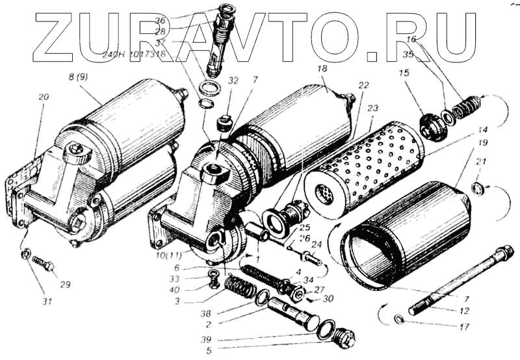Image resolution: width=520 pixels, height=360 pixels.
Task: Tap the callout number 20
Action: tap(44, 96)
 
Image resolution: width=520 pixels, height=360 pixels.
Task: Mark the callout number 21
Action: tap(482, 162)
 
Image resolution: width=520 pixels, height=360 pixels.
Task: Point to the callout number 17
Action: tap(463, 327)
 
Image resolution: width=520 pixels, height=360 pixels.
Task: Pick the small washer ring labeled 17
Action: tap(400, 319)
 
